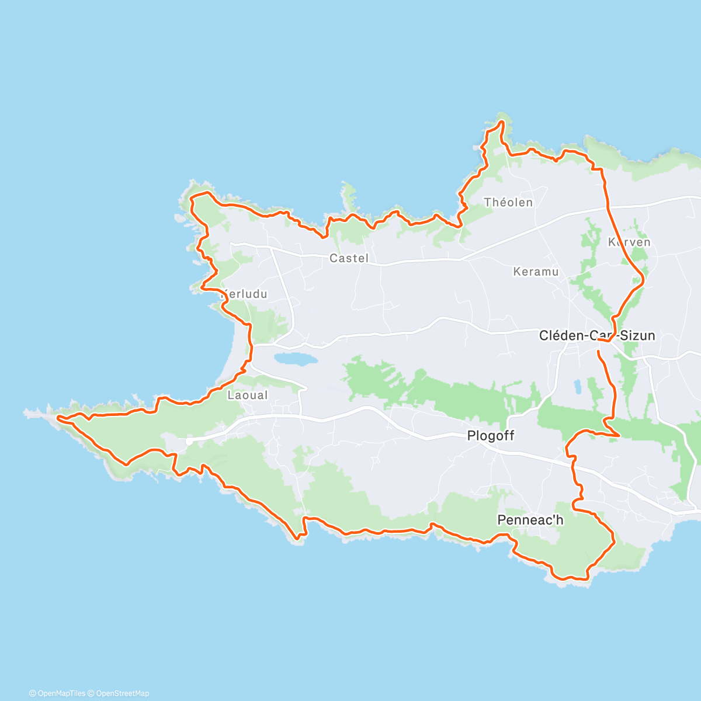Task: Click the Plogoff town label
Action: [491, 436]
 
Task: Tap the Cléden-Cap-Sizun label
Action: [596, 336]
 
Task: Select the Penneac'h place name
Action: [530, 520]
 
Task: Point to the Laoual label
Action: [248, 395]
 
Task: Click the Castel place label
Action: [349, 258]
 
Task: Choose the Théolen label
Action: [508, 203]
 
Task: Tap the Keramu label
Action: [536, 272]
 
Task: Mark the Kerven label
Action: [629, 242]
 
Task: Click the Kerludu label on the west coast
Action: [244, 294]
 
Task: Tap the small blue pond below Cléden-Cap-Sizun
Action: [578, 386]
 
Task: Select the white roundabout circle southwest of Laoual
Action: [189, 442]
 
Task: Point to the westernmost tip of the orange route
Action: [58, 417]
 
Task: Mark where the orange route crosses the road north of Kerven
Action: [608, 207]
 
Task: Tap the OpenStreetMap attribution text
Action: [122, 693]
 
